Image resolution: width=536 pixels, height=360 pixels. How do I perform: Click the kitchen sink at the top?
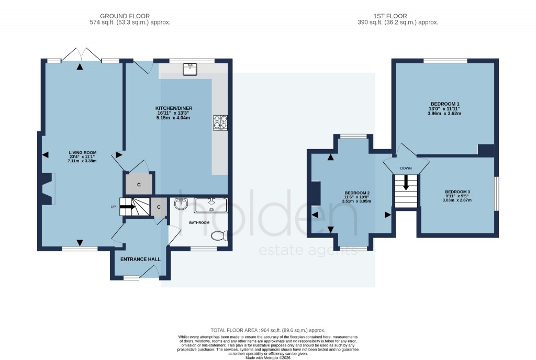(189, 69)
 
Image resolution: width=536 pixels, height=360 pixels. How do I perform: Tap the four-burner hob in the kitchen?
(220, 122)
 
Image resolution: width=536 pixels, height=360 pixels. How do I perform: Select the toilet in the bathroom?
(219, 236)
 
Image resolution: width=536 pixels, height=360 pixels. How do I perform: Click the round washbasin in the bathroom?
(181, 204)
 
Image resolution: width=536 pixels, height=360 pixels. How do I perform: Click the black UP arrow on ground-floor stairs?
(128, 207)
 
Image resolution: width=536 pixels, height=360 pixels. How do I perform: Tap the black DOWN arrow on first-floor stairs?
(406, 183)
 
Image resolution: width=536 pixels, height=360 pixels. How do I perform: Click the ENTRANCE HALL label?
(140, 259)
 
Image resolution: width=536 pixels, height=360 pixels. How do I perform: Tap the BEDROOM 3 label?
(457, 192)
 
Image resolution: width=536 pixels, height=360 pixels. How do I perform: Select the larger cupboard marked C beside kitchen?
(139, 185)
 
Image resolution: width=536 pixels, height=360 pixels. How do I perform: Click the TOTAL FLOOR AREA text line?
(267, 330)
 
